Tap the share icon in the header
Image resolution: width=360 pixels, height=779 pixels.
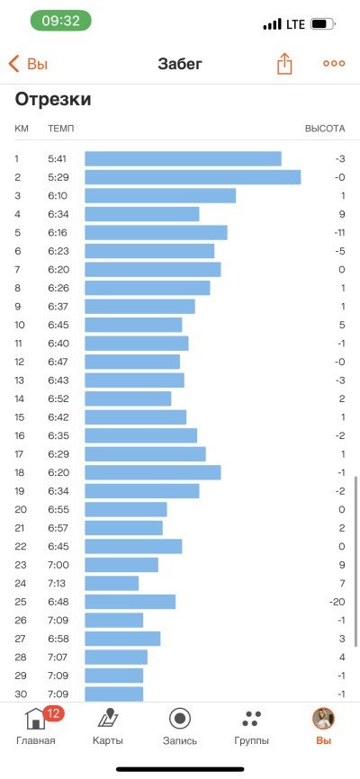coord(284,64)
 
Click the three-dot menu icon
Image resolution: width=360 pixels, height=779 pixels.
coord(334,64)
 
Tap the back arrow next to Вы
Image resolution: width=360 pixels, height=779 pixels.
coord(13,64)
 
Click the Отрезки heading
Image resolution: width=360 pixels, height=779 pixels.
coord(53,100)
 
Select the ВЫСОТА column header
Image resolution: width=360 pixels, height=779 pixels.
coord(325,129)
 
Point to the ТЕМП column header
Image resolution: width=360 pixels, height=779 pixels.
coord(60,129)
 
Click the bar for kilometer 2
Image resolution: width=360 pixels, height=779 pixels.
coord(193,177)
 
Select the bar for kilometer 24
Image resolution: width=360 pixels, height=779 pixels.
coord(112,583)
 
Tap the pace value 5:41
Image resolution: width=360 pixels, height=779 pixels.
coord(58,159)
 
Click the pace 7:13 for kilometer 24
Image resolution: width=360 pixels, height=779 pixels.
coord(57,583)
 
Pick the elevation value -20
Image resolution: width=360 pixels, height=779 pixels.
coord(337,602)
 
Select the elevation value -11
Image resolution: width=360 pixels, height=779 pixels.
coord(338,233)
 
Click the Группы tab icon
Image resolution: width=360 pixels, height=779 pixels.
coord(252,719)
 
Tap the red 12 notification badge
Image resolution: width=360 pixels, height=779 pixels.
coord(54,714)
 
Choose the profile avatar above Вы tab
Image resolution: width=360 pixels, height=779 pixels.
coord(323,719)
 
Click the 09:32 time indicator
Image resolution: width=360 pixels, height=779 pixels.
coord(61,21)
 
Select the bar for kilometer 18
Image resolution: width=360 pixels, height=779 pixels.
coord(153,472)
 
